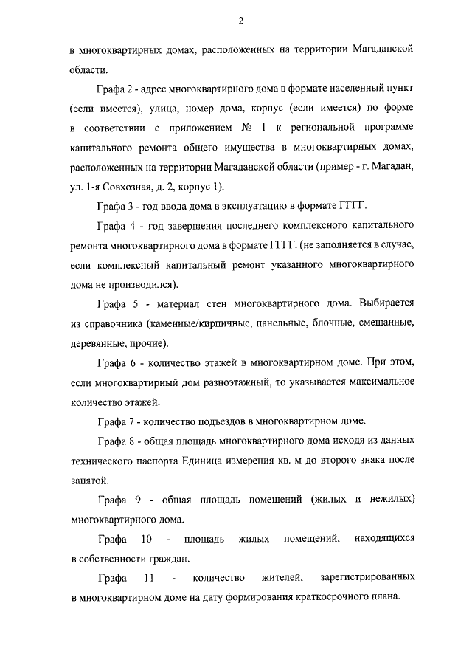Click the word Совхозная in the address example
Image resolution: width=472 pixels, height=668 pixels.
135,185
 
